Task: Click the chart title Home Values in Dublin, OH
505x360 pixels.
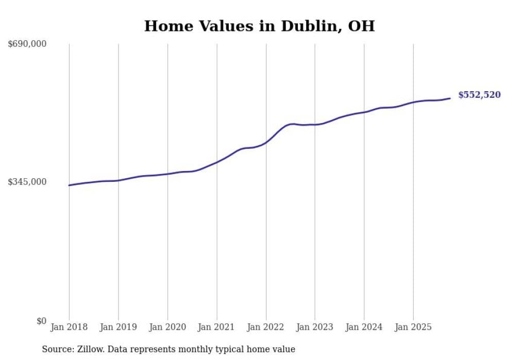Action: click(259, 26)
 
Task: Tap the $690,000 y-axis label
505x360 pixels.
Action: click(27, 44)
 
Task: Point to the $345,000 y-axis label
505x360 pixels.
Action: click(27, 182)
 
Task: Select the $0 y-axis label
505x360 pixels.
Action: click(41, 321)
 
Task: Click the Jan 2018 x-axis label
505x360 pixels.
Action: click(69, 327)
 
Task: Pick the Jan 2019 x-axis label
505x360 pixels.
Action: click(118, 327)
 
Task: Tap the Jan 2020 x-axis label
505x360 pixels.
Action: click(167, 327)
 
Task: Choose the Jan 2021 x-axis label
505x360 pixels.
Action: click(216, 327)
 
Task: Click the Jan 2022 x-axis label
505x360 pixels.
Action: click(266, 327)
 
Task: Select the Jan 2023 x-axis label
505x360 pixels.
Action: click(315, 327)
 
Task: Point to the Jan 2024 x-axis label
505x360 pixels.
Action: click(364, 327)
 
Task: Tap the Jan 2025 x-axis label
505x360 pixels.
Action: click(413, 327)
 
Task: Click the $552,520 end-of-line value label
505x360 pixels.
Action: click(479, 95)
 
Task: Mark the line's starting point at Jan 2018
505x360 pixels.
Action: click(69, 185)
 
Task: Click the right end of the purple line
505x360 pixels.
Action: click(450, 98)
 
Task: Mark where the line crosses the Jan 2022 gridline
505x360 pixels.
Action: click(266, 142)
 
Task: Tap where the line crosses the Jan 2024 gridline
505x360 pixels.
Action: click(364, 112)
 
